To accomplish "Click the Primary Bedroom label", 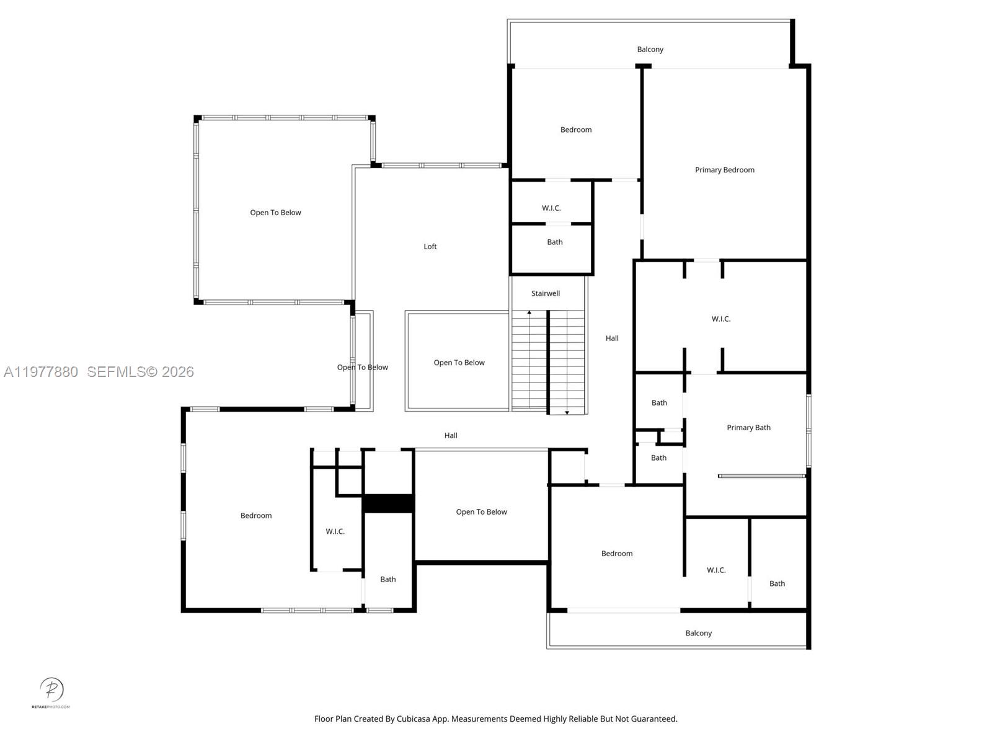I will click(x=724, y=170).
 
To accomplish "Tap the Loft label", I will click(x=430, y=247).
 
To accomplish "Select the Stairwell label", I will click(x=545, y=293).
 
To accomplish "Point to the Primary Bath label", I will click(x=748, y=428).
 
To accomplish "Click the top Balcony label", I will click(x=650, y=50).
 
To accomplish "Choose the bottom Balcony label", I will click(x=698, y=633).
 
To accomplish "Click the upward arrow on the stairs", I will click(x=529, y=313).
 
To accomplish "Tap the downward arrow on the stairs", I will click(x=567, y=412).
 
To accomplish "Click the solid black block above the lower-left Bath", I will click(x=388, y=503).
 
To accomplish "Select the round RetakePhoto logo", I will click(x=51, y=689).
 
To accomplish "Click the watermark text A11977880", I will click(x=41, y=372).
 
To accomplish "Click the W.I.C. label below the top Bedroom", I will click(x=551, y=208).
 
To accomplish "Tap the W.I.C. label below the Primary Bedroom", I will click(x=720, y=319).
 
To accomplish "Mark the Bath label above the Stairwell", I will click(x=555, y=242).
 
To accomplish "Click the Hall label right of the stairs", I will click(x=612, y=339).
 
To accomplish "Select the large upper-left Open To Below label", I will click(x=275, y=213).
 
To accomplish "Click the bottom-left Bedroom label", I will click(x=256, y=516).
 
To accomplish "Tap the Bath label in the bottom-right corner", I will click(x=777, y=583).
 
